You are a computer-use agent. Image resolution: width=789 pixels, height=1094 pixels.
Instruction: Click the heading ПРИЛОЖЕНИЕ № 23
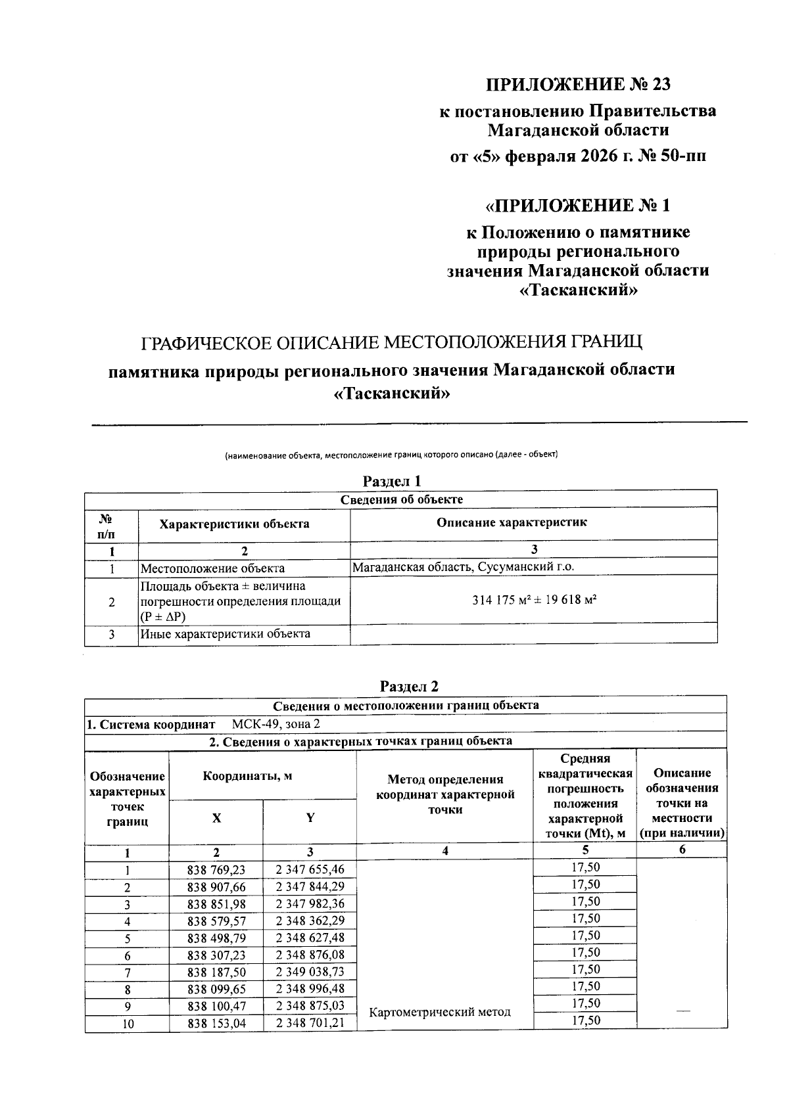point(578,85)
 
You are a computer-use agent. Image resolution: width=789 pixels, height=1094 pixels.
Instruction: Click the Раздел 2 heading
point(409,687)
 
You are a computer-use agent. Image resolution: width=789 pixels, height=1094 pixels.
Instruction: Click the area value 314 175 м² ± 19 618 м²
point(534,600)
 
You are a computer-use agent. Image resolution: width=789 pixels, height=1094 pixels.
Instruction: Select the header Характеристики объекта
point(235,524)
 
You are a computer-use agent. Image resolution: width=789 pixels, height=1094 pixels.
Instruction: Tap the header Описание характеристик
point(512,522)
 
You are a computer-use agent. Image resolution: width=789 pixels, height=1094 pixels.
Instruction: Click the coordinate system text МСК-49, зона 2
point(276,724)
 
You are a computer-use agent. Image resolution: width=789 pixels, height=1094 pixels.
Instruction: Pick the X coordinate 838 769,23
point(216,869)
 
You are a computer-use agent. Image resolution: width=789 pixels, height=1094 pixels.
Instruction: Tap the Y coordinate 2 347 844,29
point(310,886)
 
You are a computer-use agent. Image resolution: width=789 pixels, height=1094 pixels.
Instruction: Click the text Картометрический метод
point(440,1012)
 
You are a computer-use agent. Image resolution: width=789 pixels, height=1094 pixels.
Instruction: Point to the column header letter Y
point(310,817)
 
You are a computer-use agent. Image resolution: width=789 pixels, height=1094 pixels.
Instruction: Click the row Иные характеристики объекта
point(224,634)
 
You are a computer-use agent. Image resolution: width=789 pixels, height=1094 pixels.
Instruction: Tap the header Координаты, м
point(247,776)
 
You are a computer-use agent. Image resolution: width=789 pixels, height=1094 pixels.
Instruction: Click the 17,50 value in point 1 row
point(585,867)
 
